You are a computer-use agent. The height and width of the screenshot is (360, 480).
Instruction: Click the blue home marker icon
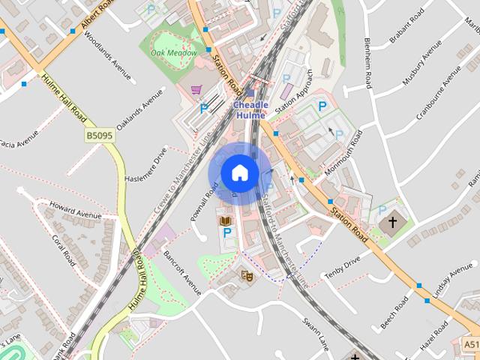[x=239, y=173]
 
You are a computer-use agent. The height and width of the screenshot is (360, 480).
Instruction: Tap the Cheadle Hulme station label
[x=250, y=110]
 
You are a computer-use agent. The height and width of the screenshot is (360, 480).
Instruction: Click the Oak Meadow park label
[x=174, y=52]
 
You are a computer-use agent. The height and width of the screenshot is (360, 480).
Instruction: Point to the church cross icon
[x=390, y=223]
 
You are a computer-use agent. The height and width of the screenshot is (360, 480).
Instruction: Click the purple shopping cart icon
[x=197, y=90]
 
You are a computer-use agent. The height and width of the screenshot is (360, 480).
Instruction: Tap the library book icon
[x=224, y=220]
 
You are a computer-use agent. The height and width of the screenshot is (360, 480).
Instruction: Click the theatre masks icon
[x=246, y=275]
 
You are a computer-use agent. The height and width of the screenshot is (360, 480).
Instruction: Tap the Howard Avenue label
[x=74, y=210]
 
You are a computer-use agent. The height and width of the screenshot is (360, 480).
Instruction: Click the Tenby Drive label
[x=342, y=268]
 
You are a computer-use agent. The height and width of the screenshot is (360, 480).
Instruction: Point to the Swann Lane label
[x=316, y=334]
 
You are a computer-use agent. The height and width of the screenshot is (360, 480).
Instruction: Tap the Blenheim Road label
[x=367, y=63]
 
